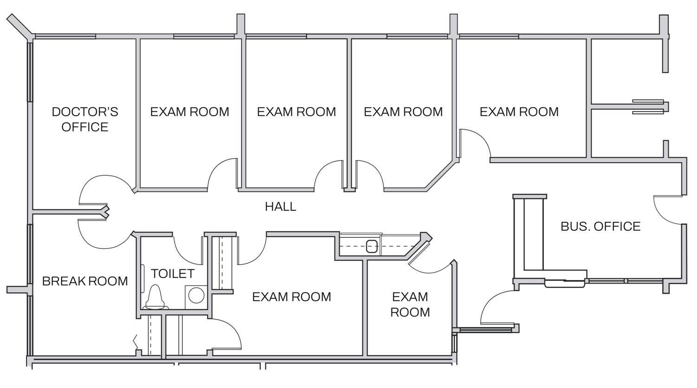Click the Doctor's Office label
(85, 119)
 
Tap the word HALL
(280, 207)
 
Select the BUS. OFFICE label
(600, 226)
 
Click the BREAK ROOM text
(85, 281)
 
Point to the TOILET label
(173, 274)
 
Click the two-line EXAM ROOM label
(410, 304)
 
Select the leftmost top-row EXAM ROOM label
(189, 112)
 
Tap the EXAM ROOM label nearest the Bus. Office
(519, 112)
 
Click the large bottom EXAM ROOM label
(291, 297)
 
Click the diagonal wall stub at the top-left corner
(19, 26)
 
